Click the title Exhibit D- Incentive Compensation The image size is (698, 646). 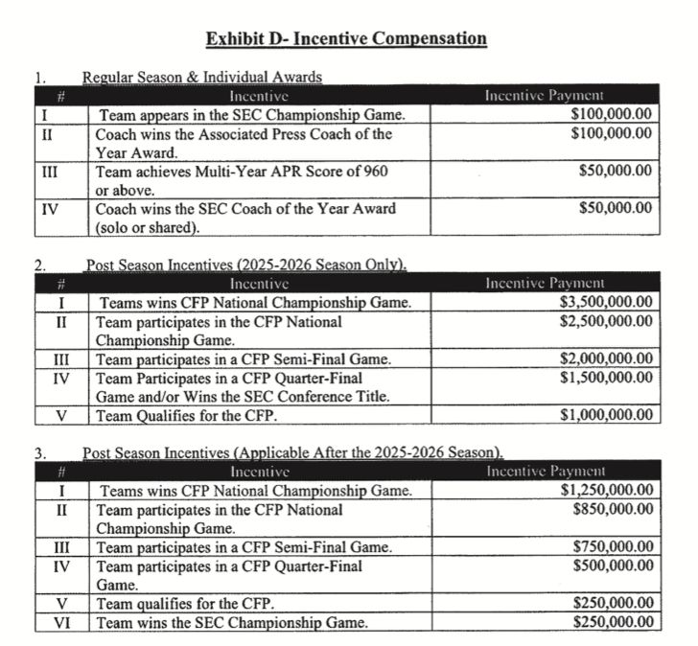pos(347,39)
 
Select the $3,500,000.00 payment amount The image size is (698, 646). pos(606,302)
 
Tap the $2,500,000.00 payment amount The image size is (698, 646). pos(606,320)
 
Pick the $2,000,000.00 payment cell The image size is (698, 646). pos(606,358)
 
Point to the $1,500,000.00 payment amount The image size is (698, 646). pos(606,377)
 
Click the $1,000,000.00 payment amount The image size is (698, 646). pos(606,415)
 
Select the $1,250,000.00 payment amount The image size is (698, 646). pos(606,491)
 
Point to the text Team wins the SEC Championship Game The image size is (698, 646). pos(231,622)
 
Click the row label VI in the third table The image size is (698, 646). pos(64,622)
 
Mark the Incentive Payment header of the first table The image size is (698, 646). pos(544,95)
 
